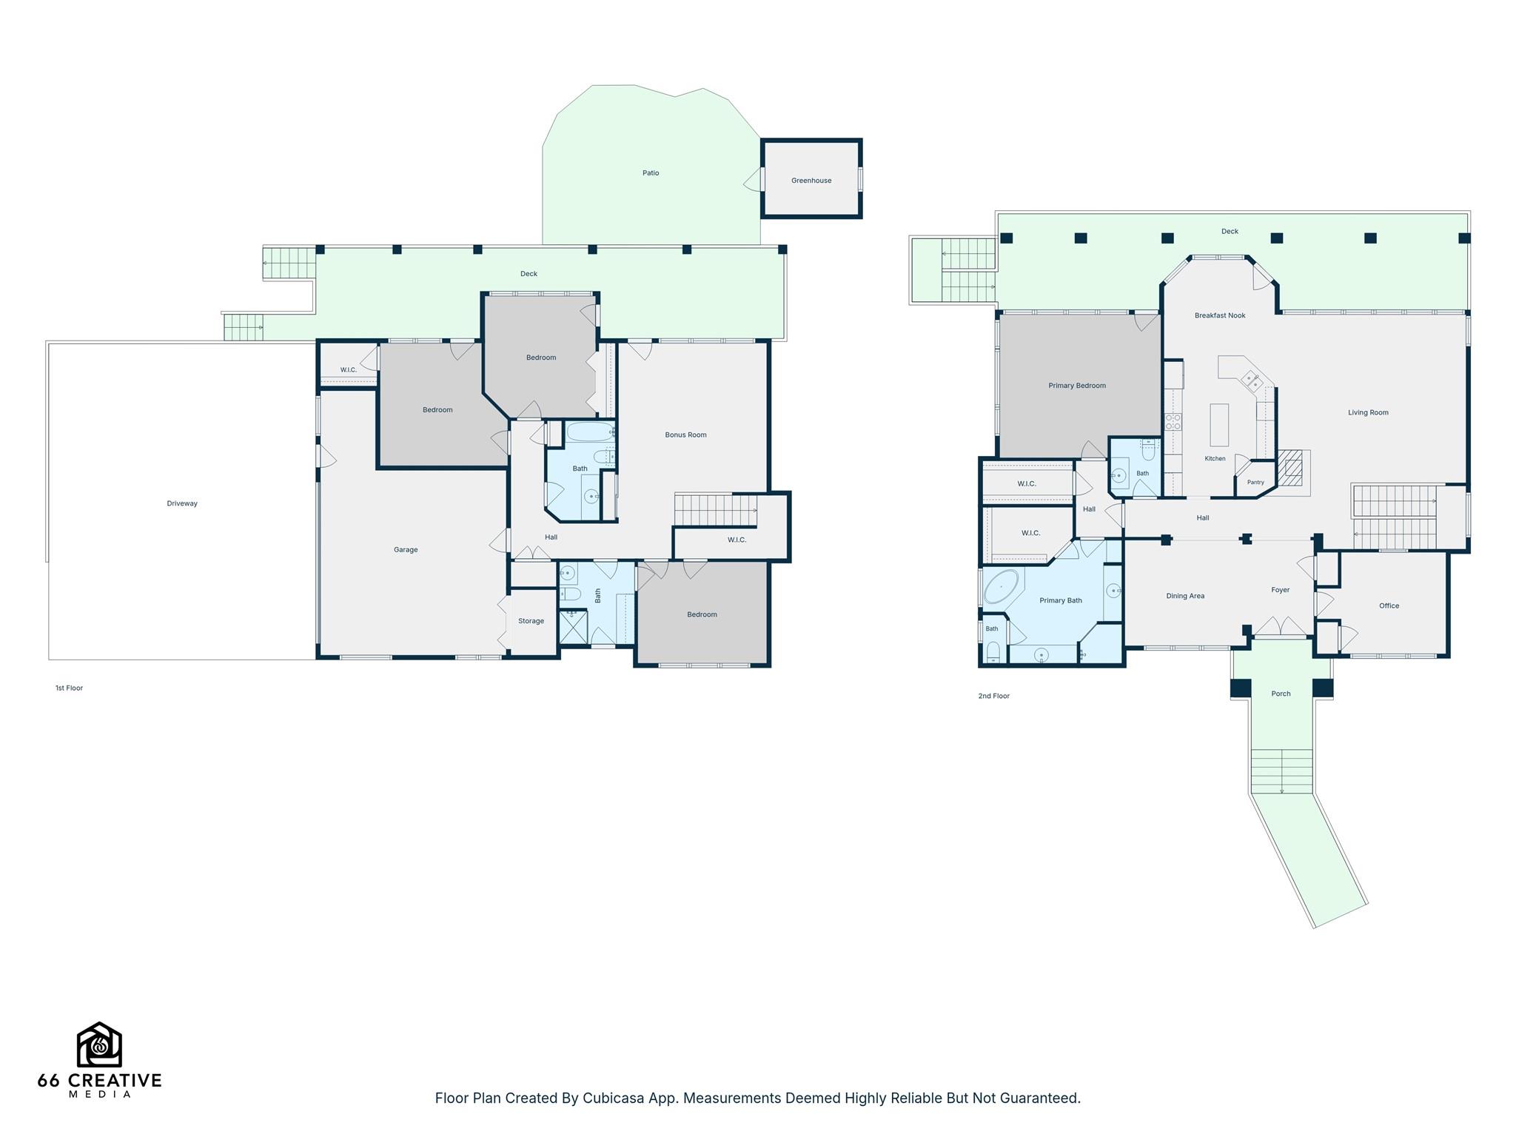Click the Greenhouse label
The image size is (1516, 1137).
coord(811,181)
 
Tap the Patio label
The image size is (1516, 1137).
coord(651,173)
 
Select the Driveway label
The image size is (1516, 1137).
coord(182,503)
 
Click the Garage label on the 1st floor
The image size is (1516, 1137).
coord(406,550)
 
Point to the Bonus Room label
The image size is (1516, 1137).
coord(685,435)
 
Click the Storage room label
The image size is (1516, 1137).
coord(531,621)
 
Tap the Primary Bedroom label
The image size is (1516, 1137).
coord(1077,386)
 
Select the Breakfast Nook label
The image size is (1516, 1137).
coord(1220,315)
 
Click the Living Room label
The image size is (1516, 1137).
coord(1368,413)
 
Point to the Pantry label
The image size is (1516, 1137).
coord(1255,483)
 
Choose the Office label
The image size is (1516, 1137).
coord(1389,606)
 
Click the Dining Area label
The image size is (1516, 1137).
coord(1185,596)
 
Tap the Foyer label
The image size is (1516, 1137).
coord(1281,590)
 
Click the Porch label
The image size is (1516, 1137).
coord(1281,694)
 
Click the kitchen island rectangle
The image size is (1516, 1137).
coord(1219,425)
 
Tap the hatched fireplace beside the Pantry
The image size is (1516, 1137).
coord(1292,468)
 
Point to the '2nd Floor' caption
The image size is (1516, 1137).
coord(993,696)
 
